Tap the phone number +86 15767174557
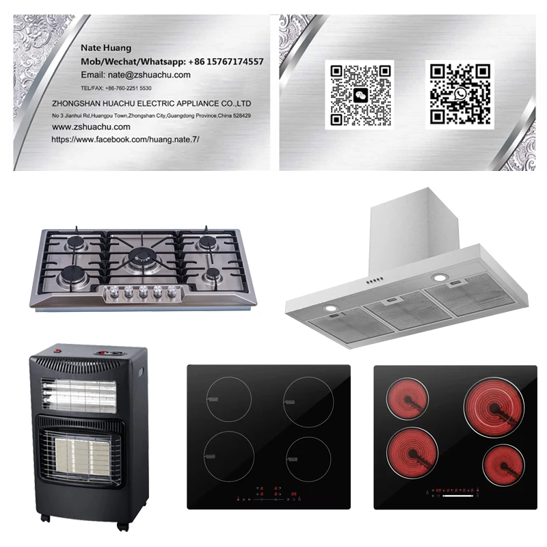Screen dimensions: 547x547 coord(222,62)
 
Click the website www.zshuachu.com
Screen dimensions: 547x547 coord(91,126)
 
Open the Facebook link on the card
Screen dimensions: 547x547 coord(125,139)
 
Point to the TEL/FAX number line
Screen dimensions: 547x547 coord(116,89)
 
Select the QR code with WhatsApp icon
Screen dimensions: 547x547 coord(460,94)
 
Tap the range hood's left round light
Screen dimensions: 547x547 coord(330,308)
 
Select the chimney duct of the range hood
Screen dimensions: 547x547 coord(403,226)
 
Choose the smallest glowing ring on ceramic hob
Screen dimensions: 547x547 coord(503,466)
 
